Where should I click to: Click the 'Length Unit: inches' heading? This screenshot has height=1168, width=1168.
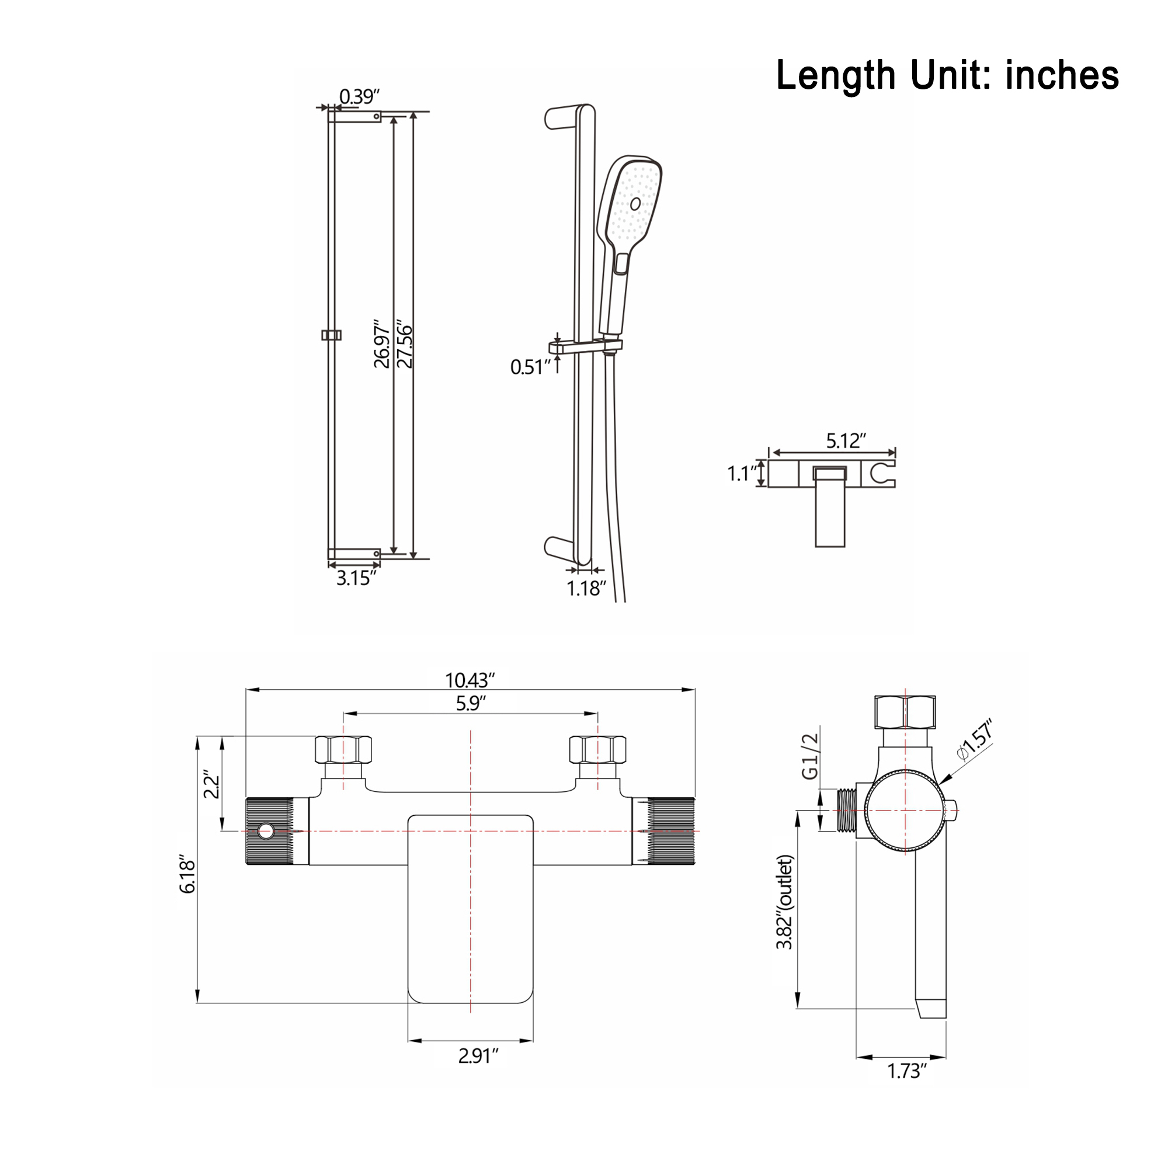947,75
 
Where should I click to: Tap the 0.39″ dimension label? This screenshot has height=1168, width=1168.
359,96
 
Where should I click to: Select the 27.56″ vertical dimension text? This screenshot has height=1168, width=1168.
405,346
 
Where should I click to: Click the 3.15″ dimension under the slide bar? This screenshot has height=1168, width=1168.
356,579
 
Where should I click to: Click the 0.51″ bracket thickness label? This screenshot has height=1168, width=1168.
530,367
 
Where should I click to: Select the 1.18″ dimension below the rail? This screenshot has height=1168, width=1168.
586,588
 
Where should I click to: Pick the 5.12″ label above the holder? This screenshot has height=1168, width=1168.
846,441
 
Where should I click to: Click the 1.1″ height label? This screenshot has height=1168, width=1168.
741,474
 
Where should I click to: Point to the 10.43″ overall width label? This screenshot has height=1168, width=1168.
470,681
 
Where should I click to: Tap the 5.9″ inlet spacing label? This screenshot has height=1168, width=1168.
470,704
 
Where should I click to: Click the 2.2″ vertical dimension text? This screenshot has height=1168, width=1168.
211,784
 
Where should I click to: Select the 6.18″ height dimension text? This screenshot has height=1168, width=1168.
187,877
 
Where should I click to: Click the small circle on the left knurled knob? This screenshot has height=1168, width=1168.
265,831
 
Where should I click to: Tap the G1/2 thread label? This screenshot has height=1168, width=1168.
809,756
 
